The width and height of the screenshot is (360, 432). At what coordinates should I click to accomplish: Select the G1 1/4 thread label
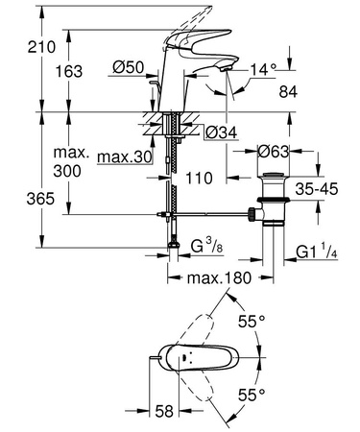[315, 253]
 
